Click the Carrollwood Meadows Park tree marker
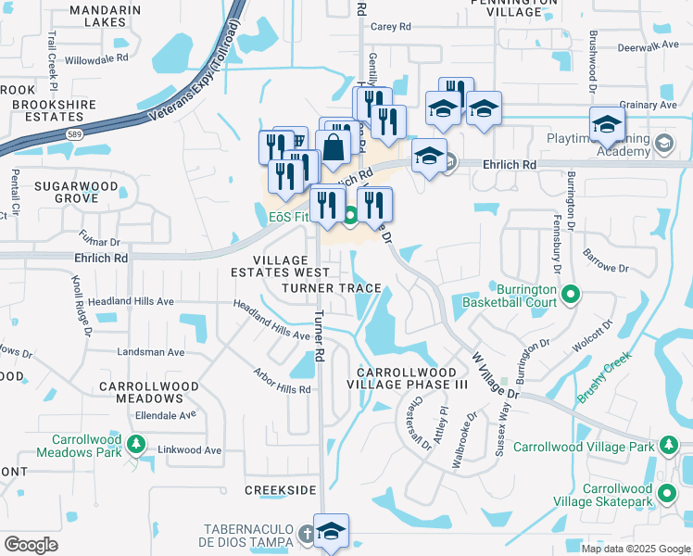click(137, 444)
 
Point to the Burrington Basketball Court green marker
click(571, 296)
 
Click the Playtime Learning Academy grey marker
click(663, 144)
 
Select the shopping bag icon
click(333, 146)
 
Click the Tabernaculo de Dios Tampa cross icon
click(308, 535)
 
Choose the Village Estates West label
click(278, 267)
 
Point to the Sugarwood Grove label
click(77, 192)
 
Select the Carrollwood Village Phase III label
click(407, 377)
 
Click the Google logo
click(31, 544)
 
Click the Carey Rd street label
click(390, 28)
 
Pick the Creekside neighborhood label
click(281, 488)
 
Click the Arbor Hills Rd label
click(282, 382)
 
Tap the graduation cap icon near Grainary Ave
click(607, 124)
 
